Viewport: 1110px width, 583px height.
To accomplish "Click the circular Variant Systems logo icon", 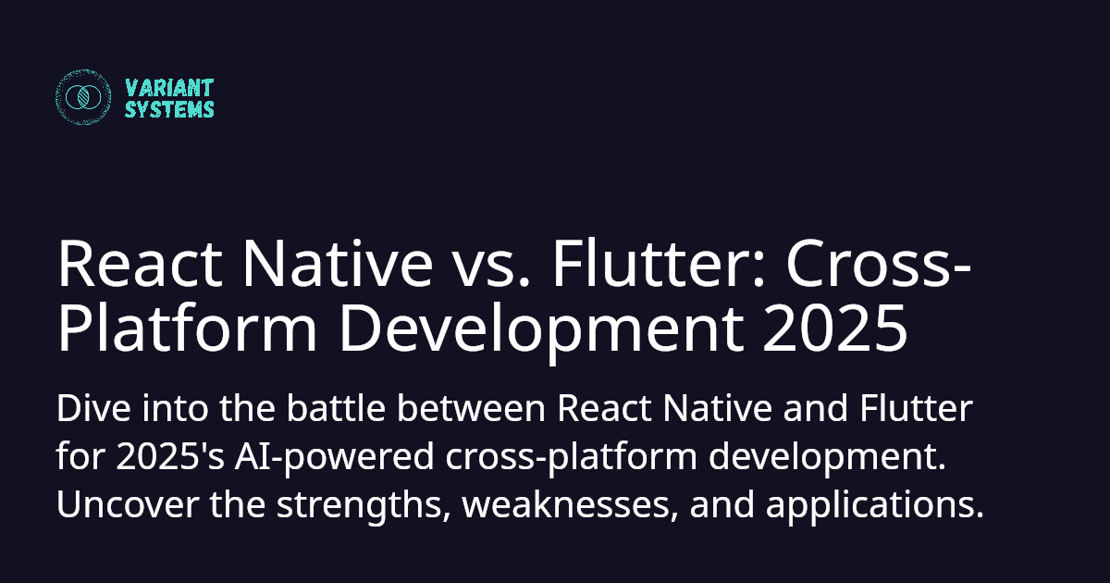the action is tap(83, 96).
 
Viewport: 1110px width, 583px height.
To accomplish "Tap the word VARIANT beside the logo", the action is tap(169, 88).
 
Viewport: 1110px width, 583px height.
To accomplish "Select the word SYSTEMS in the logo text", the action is tap(169, 109).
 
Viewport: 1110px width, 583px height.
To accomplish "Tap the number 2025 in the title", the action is tap(835, 329).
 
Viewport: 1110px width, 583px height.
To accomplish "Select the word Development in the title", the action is tap(542, 331).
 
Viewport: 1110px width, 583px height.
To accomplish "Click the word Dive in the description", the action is tap(93, 408).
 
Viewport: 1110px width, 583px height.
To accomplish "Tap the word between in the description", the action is tap(471, 408).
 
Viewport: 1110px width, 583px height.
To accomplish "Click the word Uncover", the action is tap(128, 504).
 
